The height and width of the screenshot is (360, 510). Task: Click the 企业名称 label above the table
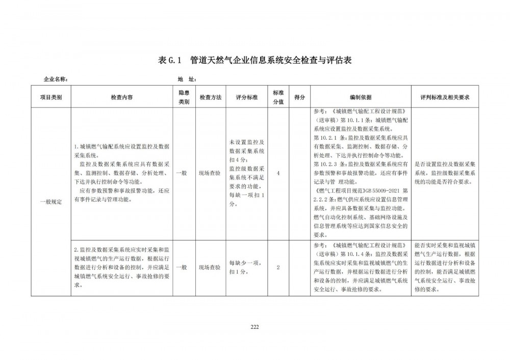tap(56, 80)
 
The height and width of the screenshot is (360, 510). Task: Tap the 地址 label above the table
tap(187, 80)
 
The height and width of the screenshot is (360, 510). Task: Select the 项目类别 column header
tap(51, 97)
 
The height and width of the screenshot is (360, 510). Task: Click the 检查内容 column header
tap(122, 97)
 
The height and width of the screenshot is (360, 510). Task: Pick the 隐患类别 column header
tap(184, 97)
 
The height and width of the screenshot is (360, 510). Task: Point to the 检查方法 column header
tap(210, 97)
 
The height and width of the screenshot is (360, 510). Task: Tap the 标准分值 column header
tap(278, 97)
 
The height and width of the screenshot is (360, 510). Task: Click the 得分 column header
tap(300, 97)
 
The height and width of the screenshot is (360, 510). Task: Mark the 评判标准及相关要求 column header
tap(444, 97)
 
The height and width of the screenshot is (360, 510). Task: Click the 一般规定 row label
tap(51, 202)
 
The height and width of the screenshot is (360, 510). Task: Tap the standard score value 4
tap(278, 173)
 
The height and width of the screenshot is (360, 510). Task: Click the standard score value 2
tap(278, 267)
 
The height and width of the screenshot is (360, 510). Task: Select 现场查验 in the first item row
tap(210, 173)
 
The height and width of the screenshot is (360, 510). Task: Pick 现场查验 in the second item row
tap(210, 267)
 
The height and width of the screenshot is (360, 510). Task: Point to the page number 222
tap(255, 327)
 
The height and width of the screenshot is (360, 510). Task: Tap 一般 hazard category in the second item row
tap(182, 267)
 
